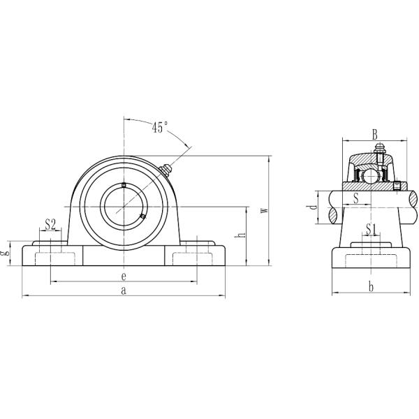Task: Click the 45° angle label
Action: click(160, 127)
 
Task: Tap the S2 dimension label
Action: click(50, 224)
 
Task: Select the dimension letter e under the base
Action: click(124, 277)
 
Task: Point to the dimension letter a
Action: click(124, 291)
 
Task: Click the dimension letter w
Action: click(264, 210)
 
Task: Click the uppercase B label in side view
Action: click(374, 135)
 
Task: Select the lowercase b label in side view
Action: click(371, 287)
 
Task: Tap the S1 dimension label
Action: click(371, 229)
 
